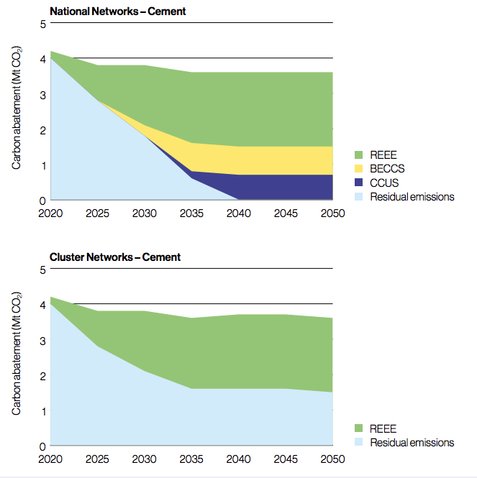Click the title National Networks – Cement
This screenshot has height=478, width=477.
pos(117,11)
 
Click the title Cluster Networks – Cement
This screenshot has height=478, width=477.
pos(114,257)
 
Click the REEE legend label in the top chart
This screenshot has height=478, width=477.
pos(382,155)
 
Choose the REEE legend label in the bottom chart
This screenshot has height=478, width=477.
pos(382,428)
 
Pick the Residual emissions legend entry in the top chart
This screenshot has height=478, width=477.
pos(412,196)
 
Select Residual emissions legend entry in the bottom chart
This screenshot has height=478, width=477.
pos(412,442)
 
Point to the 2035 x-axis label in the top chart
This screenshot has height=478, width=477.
pos(191,213)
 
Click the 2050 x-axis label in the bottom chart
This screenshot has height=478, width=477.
pos(332,459)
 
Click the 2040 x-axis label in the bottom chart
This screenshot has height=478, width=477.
pos(238,459)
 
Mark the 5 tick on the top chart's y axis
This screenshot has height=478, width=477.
pos(42,24)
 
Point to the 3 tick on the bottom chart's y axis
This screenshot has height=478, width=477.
pos(42,341)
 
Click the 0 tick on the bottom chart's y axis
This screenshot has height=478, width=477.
pos(42,446)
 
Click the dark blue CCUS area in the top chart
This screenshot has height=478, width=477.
pos(288,187)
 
